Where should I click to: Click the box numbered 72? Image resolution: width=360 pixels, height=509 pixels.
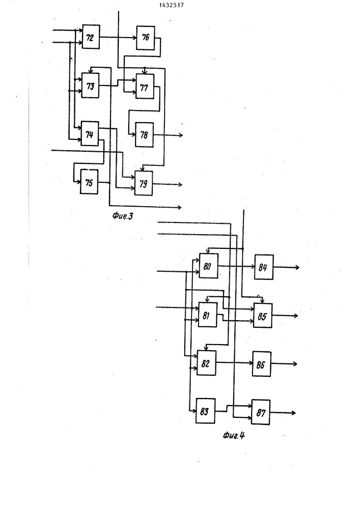pyautogui.click(x=91, y=37)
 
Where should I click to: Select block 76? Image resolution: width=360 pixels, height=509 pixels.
pyautogui.click(x=146, y=38)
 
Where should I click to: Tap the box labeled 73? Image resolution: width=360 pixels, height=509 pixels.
pyautogui.click(x=90, y=86)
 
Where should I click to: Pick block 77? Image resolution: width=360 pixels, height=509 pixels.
pyautogui.click(x=145, y=87)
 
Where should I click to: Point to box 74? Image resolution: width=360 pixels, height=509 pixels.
pyautogui.click(x=90, y=133)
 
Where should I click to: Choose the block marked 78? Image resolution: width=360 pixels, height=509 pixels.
pyautogui.click(x=144, y=135)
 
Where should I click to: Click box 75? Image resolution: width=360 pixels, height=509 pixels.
pyautogui.click(x=89, y=182)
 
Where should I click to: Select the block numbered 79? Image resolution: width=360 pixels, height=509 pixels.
pyautogui.click(x=144, y=183)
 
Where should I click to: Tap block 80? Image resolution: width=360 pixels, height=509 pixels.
pyautogui.click(x=208, y=266)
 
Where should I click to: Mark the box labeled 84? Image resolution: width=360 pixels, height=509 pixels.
pyautogui.click(x=264, y=267)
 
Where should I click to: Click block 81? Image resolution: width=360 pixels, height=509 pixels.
pyautogui.click(x=207, y=315)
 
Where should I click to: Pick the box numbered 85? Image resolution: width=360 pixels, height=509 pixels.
pyautogui.click(x=263, y=316)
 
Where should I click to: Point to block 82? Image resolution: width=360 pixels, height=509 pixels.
pyautogui.click(x=206, y=363)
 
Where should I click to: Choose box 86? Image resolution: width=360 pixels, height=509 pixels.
pyautogui.click(x=262, y=364)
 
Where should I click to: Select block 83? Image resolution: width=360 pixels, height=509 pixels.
pyautogui.click(x=206, y=411)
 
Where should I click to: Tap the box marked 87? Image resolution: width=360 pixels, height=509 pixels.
pyautogui.click(x=261, y=412)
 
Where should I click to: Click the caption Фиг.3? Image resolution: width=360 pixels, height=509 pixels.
pyautogui.click(x=123, y=216)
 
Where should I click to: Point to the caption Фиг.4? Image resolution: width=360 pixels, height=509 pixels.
pyautogui.click(x=234, y=435)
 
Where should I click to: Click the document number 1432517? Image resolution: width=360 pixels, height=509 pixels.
pyautogui.click(x=172, y=5)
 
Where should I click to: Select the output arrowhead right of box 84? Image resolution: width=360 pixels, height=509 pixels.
pyautogui.click(x=297, y=268)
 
